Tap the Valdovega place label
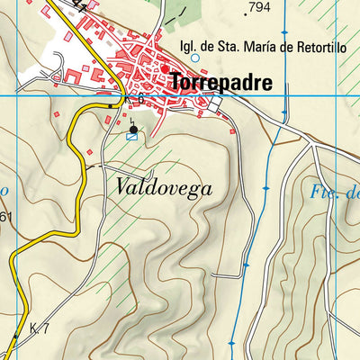tap(163, 188)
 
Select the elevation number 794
tap(259, 7)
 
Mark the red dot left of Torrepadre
tap(165, 68)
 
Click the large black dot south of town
tap(133, 129)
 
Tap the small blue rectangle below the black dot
tap(132, 137)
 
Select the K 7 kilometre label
tap(39, 328)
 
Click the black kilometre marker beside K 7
tap(15, 337)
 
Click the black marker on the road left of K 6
tap(112, 105)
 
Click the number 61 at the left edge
tap(5, 217)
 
